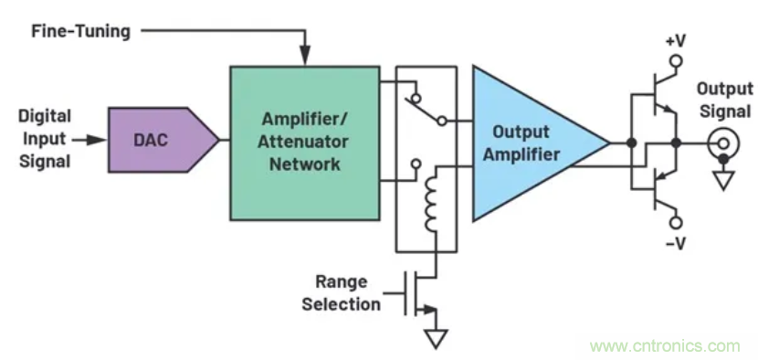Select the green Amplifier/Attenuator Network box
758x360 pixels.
[304, 143]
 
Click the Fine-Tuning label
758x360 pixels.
[80, 31]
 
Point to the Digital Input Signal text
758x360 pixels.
[45, 138]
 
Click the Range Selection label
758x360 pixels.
[342, 292]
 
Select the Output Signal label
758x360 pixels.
[724, 101]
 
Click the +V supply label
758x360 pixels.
[675, 41]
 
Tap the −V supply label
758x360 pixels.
[675, 244]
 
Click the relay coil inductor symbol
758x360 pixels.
[431, 198]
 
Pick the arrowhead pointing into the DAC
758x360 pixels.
[98, 141]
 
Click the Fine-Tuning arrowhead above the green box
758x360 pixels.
[304, 56]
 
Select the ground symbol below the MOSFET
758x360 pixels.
[436, 338]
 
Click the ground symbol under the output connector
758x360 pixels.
[723, 180]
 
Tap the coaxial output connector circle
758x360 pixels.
[723, 143]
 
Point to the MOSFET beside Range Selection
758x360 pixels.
[419, 292]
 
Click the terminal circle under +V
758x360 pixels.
[676, 60]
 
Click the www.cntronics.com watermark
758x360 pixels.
[665, 346]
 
